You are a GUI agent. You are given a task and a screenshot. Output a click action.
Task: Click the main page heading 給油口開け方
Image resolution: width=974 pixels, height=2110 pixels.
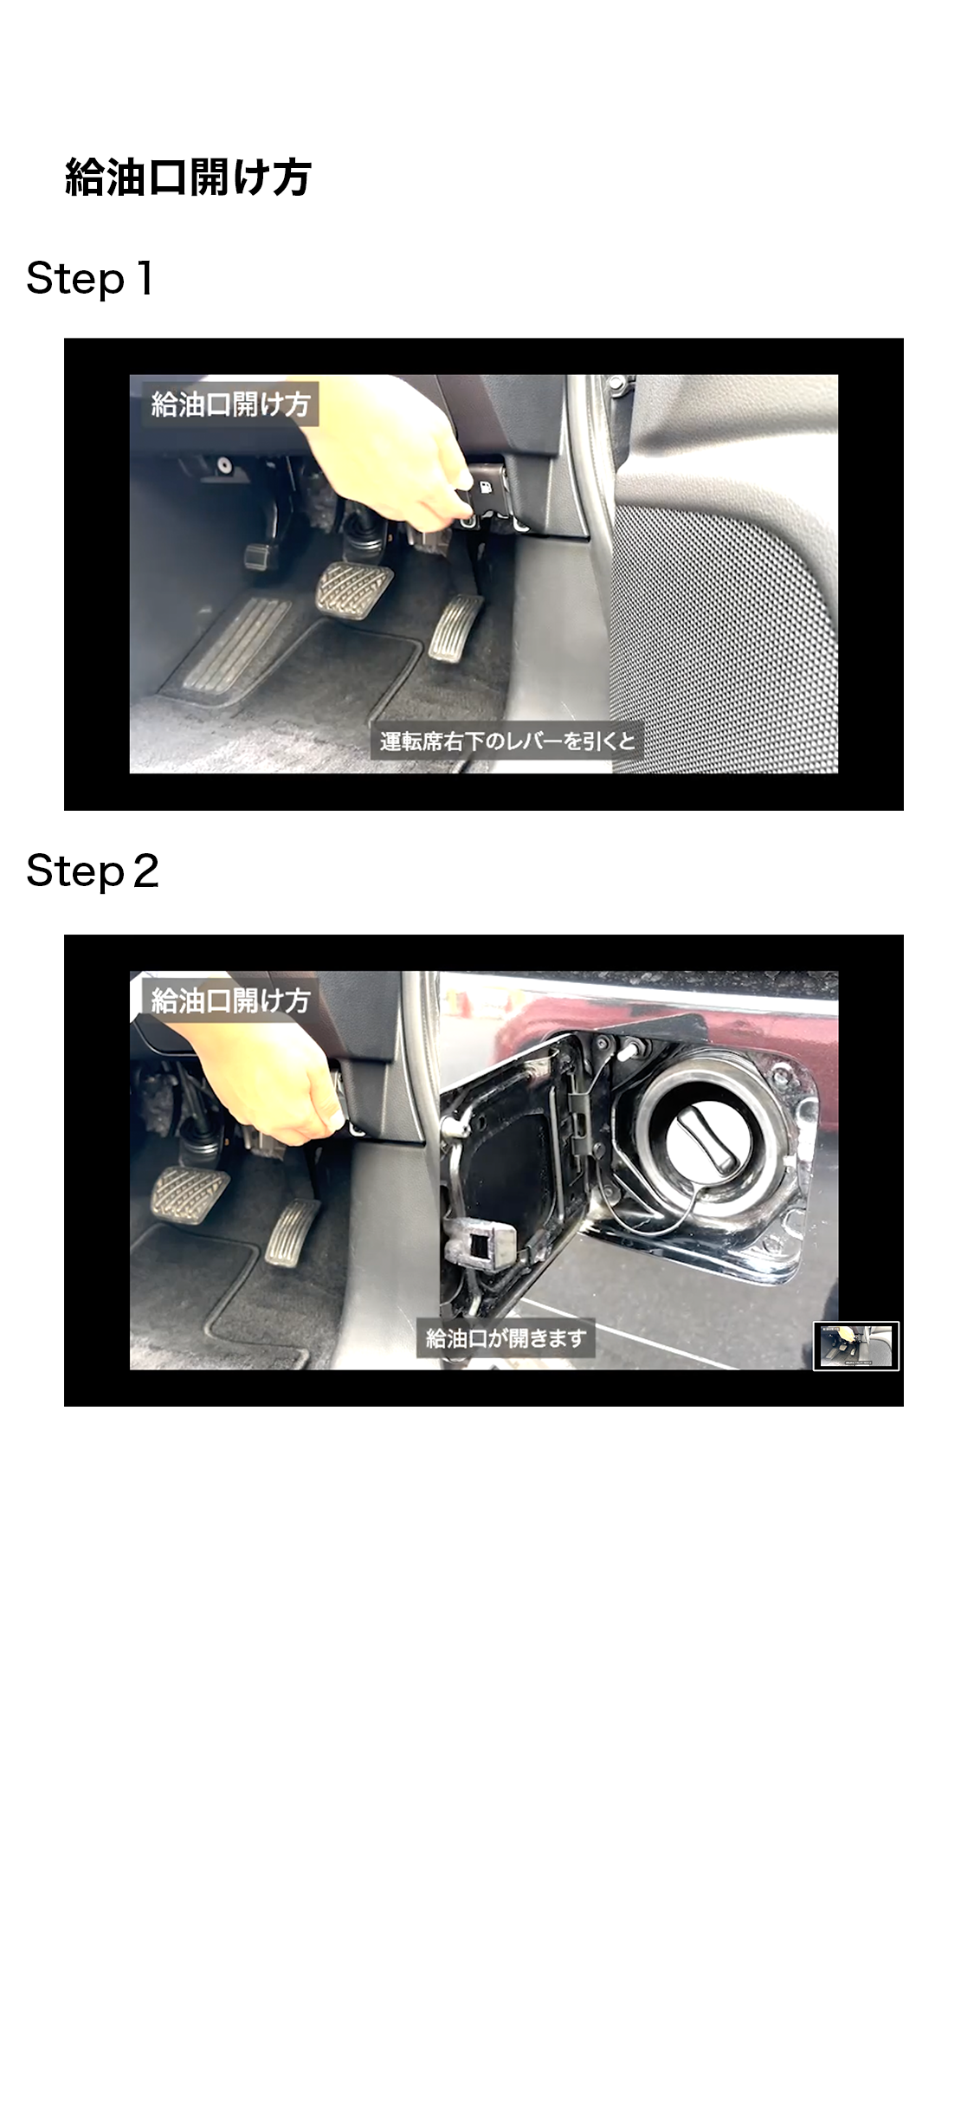point(188,177)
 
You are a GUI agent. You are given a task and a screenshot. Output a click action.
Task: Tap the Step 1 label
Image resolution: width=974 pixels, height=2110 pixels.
point(90,279)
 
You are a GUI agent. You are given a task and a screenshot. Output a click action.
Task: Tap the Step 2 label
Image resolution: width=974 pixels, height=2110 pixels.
point(93,871)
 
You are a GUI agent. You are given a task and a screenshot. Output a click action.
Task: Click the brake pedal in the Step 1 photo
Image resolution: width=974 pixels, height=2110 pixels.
point(353,589)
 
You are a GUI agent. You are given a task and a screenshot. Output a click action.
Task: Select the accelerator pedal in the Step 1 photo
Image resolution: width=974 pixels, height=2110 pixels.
point(455,629)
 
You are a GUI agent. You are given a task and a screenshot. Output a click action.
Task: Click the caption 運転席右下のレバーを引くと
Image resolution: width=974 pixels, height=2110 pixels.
point(506,741)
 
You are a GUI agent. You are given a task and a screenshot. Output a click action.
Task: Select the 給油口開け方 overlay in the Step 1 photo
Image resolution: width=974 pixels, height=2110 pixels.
point(230,405)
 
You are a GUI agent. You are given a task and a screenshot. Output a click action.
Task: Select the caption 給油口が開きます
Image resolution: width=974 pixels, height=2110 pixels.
point(506,1338)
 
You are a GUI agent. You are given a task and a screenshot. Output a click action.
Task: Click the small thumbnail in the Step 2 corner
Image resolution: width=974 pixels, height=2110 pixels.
point(856,1346)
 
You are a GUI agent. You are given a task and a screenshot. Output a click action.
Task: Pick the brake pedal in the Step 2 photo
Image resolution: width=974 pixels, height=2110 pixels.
point(190,1191)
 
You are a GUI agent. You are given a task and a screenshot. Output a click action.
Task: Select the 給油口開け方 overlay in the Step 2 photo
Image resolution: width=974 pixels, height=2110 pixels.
point(230,1001)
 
